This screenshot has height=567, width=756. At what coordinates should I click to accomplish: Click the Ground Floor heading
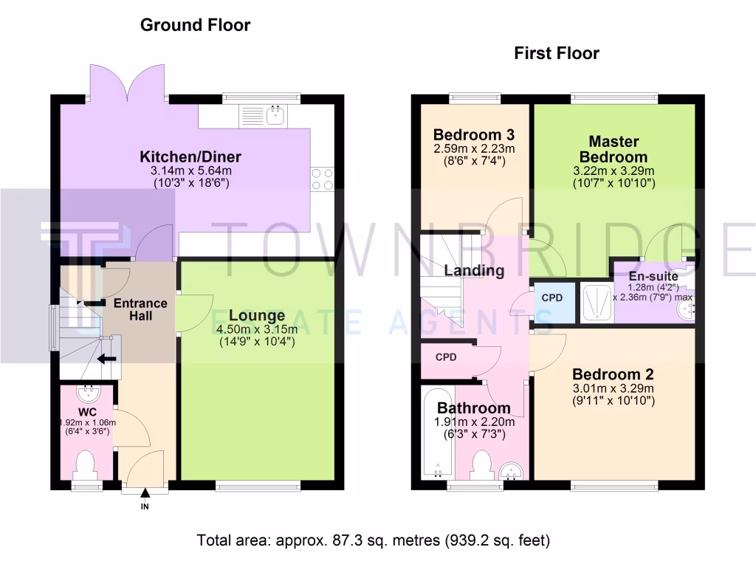tap(195, 25)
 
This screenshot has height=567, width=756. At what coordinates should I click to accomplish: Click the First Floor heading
tap(556, 53)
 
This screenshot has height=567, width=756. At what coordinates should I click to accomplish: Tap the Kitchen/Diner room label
tap(190, 157)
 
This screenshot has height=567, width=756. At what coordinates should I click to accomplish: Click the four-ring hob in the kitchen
tap(322, 179)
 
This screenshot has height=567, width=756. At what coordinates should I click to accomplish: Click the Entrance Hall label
tap(140, 309)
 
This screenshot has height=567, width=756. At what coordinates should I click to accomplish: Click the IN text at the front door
tap(145, 506)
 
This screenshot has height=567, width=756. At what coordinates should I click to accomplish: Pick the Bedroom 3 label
tap(473, 135)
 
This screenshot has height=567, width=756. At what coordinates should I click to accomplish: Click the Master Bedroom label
tap(614, 149)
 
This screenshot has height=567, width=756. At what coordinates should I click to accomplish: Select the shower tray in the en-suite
tap(594, 301)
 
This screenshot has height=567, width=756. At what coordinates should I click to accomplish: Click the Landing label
tap(474, 270)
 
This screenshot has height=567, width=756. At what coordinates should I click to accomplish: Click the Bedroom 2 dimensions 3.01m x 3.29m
tap(613, 388)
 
